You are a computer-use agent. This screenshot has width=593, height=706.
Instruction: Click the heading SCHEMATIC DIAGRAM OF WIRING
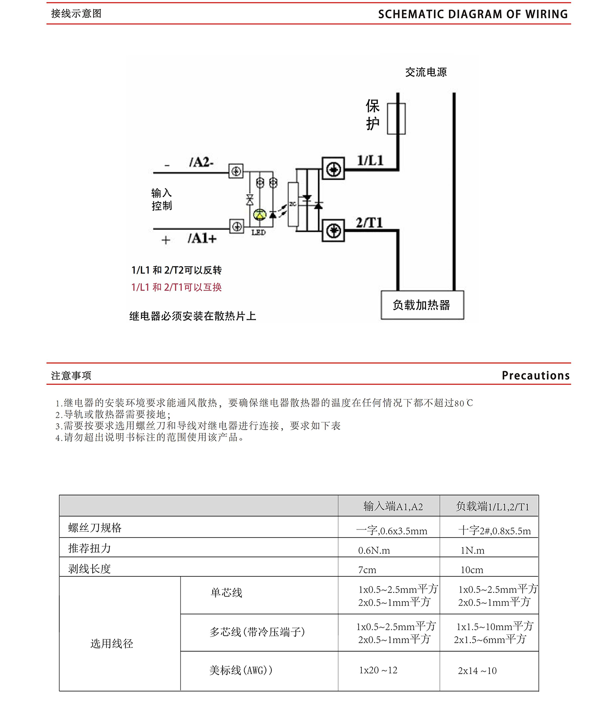click(473, 14)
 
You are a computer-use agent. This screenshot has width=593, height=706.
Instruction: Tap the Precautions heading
click(536, 375)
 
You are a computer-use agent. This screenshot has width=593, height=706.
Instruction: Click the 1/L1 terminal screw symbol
click(333, 170)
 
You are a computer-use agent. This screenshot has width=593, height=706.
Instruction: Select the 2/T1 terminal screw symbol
click(333, 230)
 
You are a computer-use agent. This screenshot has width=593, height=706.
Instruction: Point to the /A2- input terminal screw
click(236, 171)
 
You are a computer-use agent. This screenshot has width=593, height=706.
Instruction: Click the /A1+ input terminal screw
click(237, 226)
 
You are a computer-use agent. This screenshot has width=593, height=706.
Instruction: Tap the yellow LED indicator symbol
click(260, 214)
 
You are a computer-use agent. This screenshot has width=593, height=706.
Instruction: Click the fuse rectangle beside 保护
click(396, 119)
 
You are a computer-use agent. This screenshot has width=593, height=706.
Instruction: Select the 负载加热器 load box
click(422, 305)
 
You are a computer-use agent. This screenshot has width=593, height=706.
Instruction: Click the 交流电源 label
click(426, 72)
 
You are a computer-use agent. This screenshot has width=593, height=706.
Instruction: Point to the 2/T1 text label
click(369, 223)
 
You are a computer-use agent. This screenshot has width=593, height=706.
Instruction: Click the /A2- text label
click(201, 162)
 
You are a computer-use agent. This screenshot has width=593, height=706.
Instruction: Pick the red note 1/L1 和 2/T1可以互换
click(177, 287)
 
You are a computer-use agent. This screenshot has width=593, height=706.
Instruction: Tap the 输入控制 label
click(161, 199)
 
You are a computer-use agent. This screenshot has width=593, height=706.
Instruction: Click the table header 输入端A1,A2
click(393, 506)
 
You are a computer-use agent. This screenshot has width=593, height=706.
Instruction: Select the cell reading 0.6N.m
click(374, 550)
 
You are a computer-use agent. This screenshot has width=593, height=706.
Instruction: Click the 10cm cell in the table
click(472, 570)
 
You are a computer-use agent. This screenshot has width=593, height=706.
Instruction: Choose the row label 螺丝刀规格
click(95, 528)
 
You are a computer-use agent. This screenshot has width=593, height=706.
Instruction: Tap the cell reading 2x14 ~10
click(477, 670)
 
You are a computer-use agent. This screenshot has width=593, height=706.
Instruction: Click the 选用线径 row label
click(112, 644)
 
